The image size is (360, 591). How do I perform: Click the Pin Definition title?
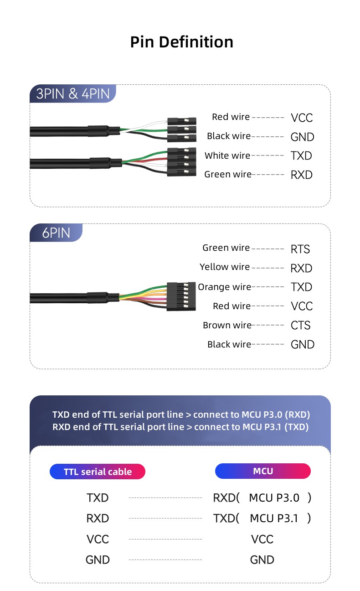181,42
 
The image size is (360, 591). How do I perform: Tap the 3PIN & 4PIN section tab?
73,94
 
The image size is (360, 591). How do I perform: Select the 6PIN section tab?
56,233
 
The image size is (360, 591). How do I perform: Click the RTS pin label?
300,249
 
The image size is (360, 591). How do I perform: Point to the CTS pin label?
300,326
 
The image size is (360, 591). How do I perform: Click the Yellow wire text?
225,267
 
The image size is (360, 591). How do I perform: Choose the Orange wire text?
225,287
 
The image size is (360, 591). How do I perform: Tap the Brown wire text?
227,325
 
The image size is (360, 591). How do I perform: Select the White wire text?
227,156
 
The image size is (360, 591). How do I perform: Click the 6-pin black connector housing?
181,296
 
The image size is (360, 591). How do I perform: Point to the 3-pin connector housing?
182,129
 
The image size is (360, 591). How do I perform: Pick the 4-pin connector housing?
182,162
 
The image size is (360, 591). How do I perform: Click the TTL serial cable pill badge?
98,472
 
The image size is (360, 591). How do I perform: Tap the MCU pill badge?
262,471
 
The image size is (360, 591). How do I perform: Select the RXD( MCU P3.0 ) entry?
262,498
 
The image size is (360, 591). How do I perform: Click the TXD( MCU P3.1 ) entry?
262,518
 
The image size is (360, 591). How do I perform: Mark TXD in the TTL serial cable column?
98,498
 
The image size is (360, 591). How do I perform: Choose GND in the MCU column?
262,560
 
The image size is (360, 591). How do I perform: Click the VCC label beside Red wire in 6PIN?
302,306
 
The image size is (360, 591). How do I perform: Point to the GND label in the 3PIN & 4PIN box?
302,137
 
